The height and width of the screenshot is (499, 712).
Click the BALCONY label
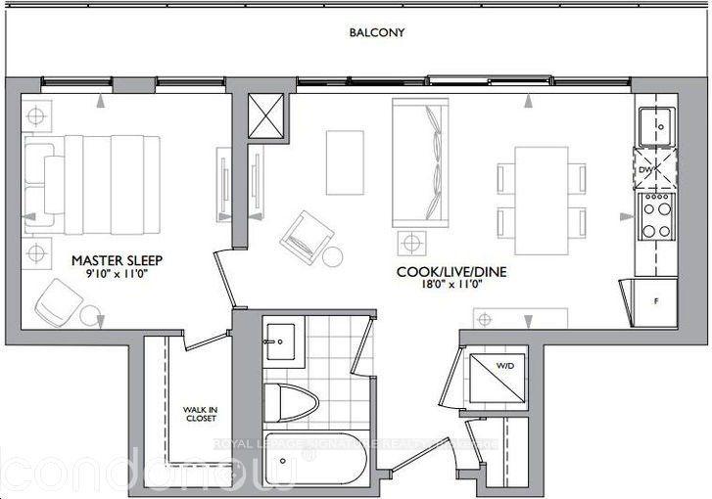(377, 32)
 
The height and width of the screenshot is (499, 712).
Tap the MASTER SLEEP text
(117, 261)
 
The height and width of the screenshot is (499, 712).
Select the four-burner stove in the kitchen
(653, 218)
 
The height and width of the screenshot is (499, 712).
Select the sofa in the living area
(418, 161)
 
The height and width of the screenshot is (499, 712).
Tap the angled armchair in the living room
(307, 235)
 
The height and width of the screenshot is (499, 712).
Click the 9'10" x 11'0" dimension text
(117, 277)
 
